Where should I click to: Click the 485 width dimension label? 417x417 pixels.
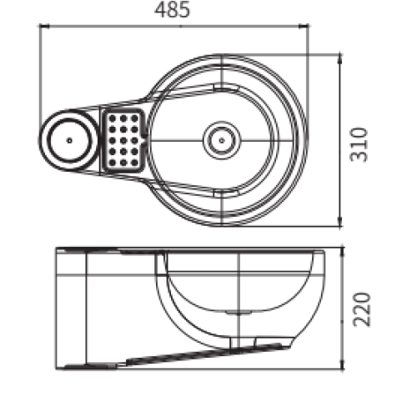172,10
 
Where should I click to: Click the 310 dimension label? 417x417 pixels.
359,144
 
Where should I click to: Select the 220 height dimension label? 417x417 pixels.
362,309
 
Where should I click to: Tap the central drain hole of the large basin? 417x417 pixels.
222,140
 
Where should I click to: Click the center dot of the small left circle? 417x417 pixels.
69,140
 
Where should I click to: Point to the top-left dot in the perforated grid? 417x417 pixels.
113,118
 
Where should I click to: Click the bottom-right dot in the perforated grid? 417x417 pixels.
134,163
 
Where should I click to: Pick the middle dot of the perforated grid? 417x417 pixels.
123,140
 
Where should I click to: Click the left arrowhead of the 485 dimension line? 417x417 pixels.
44,26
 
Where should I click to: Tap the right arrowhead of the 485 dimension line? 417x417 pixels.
304,26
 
